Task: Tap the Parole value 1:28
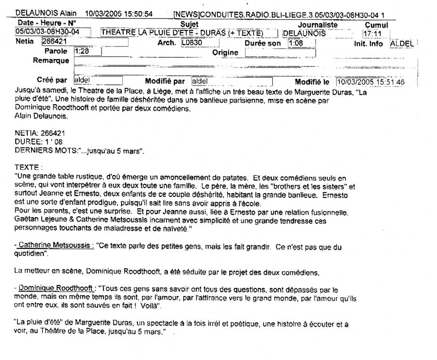click(81, 51)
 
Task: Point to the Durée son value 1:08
click(295, 43)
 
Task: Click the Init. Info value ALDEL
click(402, 43)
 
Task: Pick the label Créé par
click(52, 81)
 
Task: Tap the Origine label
click(225, 52)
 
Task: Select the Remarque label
click(51, 61)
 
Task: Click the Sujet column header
click(189, 24)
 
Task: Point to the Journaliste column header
click(318, 24)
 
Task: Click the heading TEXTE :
click(28, 166)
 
